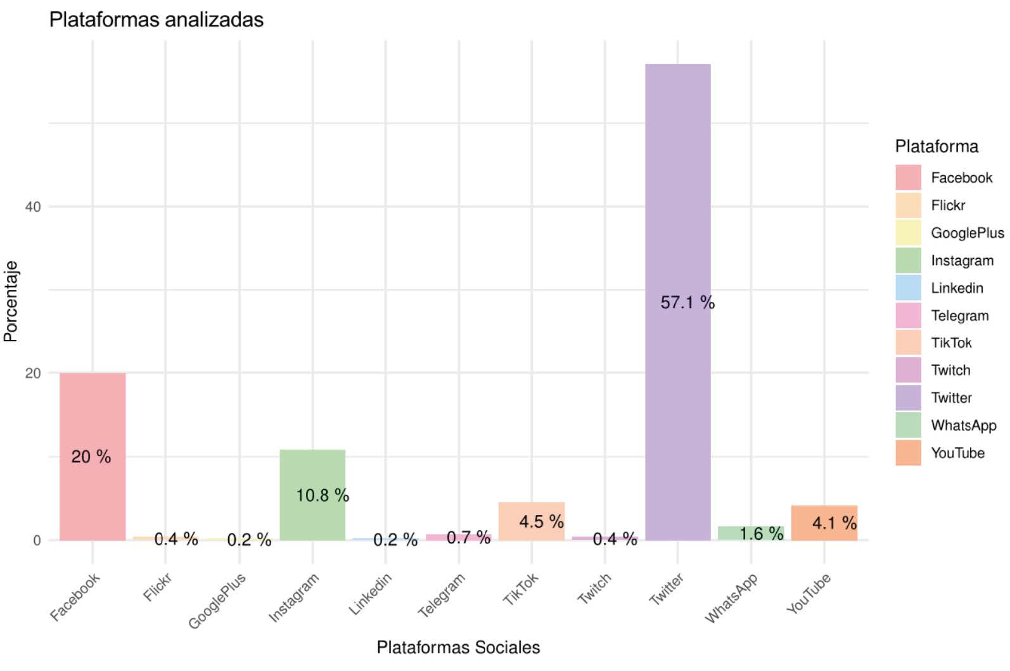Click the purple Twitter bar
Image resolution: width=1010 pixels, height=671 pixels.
coord(677,190)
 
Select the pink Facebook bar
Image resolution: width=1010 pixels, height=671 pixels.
coord(93,412)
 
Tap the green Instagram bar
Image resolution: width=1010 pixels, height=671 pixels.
coord(312,469)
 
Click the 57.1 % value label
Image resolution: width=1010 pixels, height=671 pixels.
coord(687,303)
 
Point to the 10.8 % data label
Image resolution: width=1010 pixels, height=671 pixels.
coord(323,495)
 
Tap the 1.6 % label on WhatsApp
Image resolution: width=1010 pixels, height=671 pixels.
coord(761,534)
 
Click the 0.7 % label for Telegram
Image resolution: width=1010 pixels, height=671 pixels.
coord(468,538)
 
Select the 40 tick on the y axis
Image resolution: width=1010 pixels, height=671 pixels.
coord(33,207)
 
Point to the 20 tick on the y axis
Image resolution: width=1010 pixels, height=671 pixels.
coord(33,374)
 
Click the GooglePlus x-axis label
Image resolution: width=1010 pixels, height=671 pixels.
coord(217,601)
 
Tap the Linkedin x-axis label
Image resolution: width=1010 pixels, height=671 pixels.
coord(370,594)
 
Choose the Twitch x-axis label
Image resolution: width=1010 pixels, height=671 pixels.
coord(594,589)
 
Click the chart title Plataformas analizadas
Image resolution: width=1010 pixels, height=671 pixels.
coord(156,20)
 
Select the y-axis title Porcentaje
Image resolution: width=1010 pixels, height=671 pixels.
coord(11,302)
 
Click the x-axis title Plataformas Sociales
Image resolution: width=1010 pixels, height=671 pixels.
coord(458,648)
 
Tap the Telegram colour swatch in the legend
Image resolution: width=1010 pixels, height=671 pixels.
coord(908,316)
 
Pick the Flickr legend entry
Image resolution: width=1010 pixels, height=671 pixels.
coord(948,205)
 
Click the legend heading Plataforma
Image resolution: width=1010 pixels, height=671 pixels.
coord(936,147)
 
